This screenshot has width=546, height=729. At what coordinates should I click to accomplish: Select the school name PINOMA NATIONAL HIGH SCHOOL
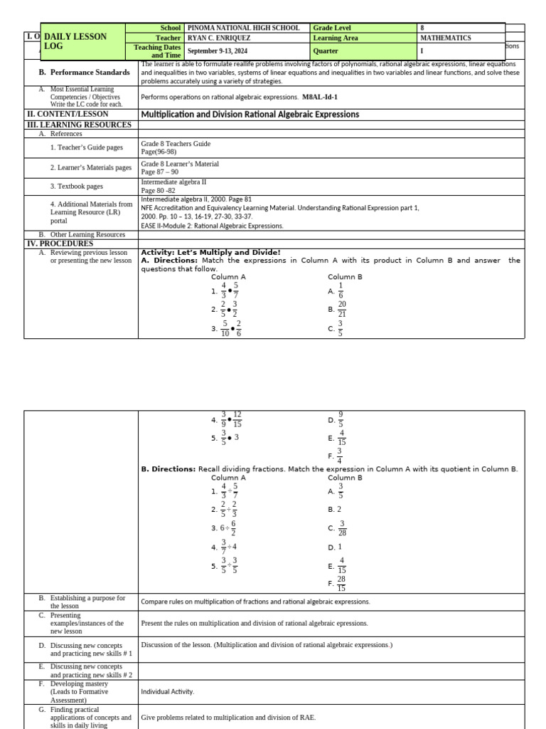(x=243, y=28)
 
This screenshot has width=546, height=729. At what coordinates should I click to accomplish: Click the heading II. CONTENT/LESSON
(x=68, y=114)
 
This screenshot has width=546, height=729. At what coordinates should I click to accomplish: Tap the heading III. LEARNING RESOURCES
(x=79, y=125)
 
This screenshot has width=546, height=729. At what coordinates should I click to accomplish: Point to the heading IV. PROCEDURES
(x=60, y=243)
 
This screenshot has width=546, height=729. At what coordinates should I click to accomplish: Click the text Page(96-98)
(x=159, y=152)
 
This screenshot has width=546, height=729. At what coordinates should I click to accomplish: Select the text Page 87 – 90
(x=160, y=172)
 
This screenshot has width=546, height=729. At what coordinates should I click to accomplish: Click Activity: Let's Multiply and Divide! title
(x=210, y=252)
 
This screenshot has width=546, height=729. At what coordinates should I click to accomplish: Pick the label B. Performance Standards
(x=85, y=73)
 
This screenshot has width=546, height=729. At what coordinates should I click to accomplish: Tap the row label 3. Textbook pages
(x=77, y=187)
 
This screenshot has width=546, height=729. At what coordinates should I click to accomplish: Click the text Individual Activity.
(x=167, y=691)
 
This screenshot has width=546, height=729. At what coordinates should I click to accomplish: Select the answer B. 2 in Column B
(x=335, y=510)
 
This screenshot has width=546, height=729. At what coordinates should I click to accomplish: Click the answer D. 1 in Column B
(x=335, y=547)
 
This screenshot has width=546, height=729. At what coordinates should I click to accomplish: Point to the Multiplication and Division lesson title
(x=259, y=114)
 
